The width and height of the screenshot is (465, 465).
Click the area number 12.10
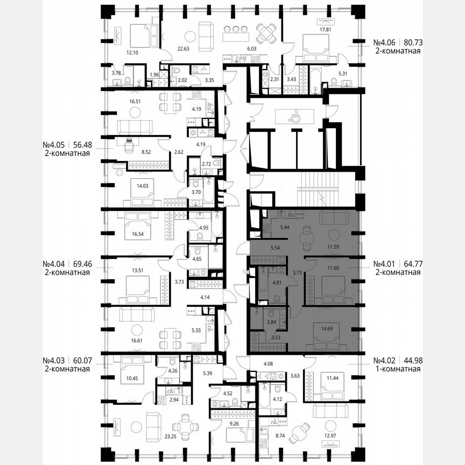click(132, 52)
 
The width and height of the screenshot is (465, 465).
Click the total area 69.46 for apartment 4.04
click(79, 264)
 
